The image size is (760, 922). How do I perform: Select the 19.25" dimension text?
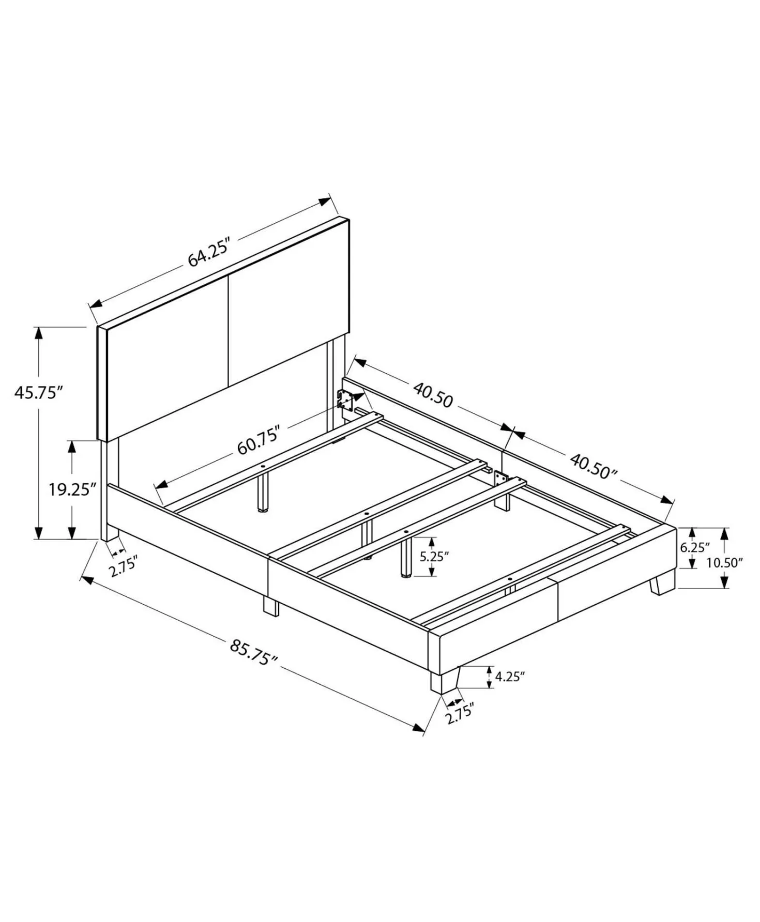(x=73, y=489)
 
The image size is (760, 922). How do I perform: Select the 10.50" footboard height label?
(x=725, y=563)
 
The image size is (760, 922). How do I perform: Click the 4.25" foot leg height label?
(x=510, y=677)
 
